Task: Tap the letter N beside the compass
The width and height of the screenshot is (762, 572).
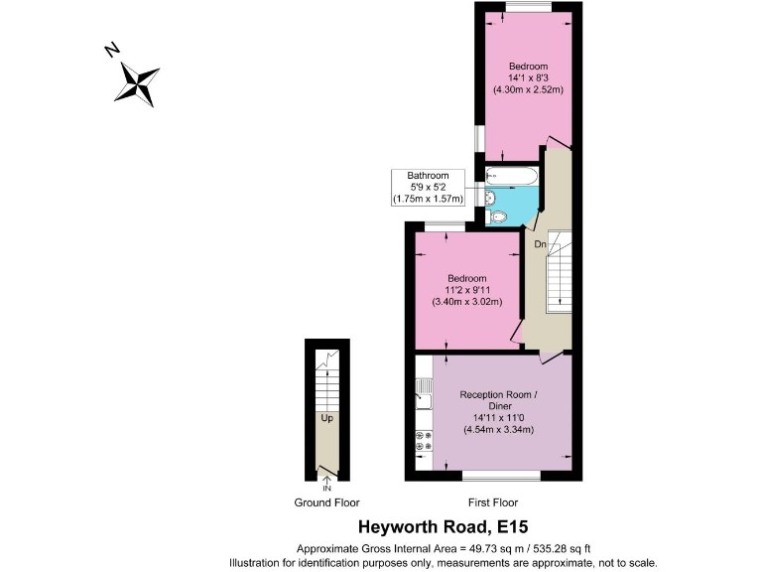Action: pyautogui.click(x=113, y=49)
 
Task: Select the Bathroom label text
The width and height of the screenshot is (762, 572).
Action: pyautogui.click(x=428, y=176)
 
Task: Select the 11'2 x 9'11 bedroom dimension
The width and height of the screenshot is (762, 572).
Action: pyautogui.click(x=466, y=290)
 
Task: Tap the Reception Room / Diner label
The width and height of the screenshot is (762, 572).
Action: pyautogui.click(x=500, y=400)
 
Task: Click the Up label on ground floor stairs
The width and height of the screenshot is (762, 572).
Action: pyautogui.click(x=325, y=418)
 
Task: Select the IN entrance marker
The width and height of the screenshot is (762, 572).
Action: pyautogui.click(x=326, y=488)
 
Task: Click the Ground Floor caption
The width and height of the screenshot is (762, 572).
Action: pyautogui.click(x=327, y=502)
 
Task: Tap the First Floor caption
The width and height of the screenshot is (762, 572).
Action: pyautogui.click(x=492, y=502)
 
